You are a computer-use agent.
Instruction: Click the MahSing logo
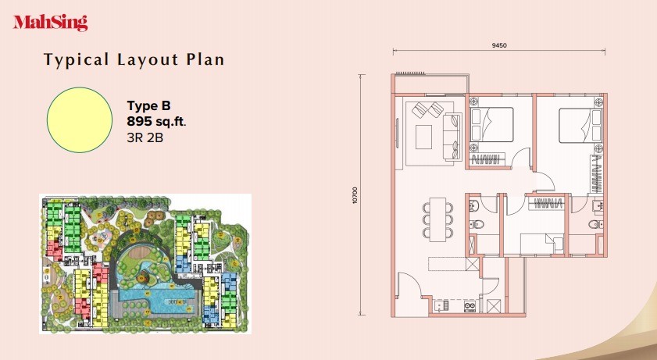pos(50,23)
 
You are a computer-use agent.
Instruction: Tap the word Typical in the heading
pos(77,59)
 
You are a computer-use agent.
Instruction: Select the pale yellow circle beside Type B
pos(80,119)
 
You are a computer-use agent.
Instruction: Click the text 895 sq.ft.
pos(156,121)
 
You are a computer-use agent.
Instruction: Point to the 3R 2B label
pos(145,137)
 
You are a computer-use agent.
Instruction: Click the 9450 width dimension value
pos(499,45)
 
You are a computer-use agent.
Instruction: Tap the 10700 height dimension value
pos(355,195)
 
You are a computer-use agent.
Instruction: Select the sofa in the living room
pos(452,137)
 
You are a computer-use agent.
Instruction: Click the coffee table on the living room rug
pos(423,137)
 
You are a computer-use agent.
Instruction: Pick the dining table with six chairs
pos(437,219)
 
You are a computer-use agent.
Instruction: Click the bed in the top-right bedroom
pos(580,125)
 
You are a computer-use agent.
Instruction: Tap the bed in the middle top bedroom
pos(492,124)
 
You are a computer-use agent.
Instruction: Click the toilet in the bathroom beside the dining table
pos(477,224)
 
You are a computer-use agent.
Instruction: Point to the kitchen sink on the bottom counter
pos(439,306)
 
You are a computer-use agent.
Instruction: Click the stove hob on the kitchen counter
pos(470,306)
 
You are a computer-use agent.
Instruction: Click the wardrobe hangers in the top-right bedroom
pos(597,173)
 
